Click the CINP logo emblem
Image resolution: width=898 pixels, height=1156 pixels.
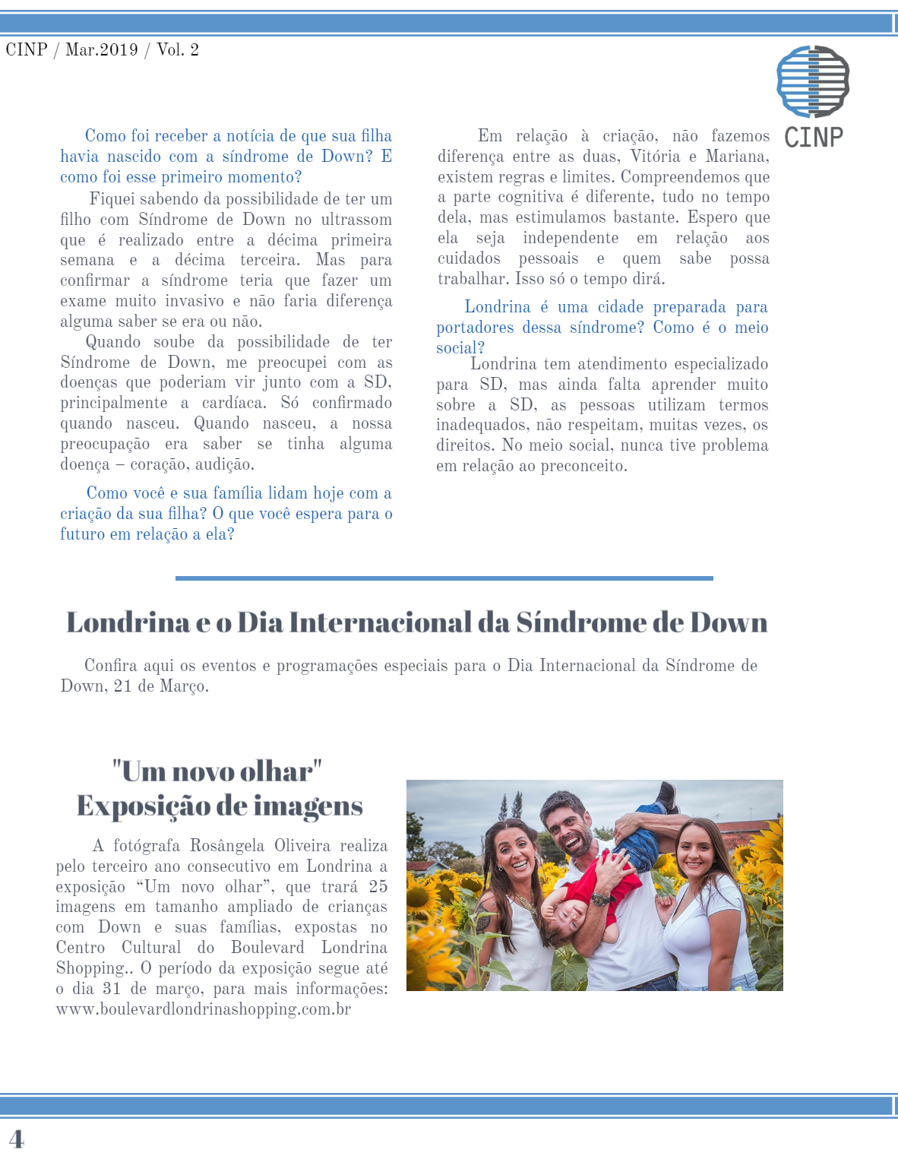coord(813,81)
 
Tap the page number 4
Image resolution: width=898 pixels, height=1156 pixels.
coord(16,1139)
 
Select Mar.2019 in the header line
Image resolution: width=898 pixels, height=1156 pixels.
coord(102,50)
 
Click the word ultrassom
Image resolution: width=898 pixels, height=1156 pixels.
coord(356,220)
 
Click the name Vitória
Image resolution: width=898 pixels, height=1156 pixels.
coord(655,157)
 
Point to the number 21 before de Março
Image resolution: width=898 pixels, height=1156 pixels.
coord(122,686)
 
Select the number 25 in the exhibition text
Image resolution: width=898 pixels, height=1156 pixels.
coord(378,887)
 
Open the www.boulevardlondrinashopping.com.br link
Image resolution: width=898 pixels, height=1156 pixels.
coord(204,1009)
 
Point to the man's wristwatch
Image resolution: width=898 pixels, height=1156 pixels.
coord(600,900)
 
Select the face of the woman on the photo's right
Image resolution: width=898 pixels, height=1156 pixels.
coord(695,851)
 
